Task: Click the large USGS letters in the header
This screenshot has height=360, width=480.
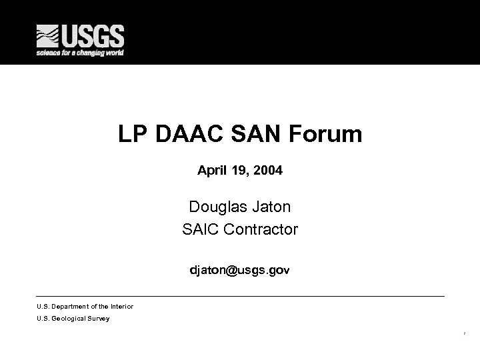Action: (94, 35)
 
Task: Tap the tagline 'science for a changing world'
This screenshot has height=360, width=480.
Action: (80, 53)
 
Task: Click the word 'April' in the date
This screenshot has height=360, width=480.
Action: (211, 171)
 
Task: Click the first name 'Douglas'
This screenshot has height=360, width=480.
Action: (215, 207)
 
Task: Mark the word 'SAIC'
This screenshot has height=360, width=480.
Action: (200, 230)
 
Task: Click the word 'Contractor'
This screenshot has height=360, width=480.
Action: (261, 230)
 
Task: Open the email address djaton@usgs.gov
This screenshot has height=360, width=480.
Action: (240, 271)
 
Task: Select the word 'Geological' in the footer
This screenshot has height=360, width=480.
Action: (69, 319)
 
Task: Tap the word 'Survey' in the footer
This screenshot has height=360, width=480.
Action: (99, 319)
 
